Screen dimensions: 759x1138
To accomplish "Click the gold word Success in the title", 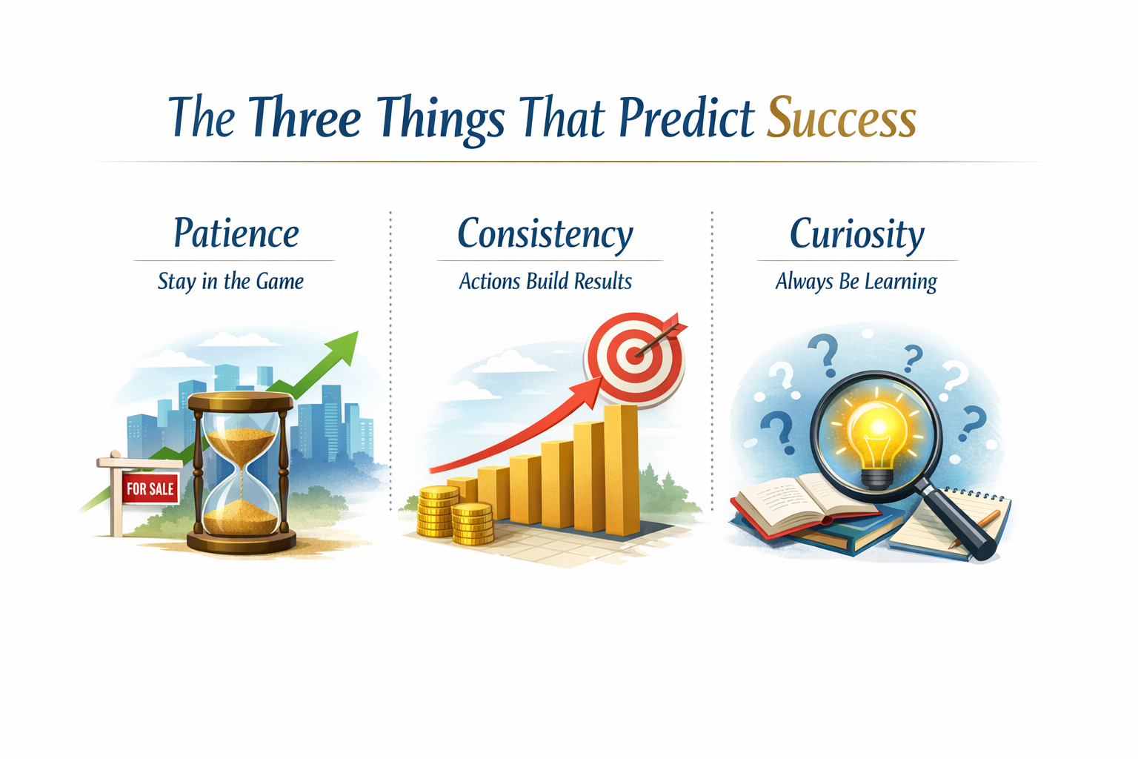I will point(841,119).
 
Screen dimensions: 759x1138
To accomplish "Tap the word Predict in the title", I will point(686,119).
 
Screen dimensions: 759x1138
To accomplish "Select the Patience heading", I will point(236,234).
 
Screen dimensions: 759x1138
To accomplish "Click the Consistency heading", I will point(545,234).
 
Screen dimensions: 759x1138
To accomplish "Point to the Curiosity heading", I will point(856,234).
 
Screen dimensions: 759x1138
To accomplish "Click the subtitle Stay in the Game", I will point(230,282).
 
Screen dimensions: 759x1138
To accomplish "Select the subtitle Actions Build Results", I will point(545,282).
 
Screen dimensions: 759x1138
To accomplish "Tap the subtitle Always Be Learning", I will point(856,282).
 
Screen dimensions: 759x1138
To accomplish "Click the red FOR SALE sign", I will point(150,488).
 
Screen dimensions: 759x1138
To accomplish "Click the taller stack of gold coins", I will point(437,511).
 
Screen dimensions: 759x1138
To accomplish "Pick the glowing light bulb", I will point(876,437).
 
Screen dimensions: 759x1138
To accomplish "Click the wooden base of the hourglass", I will point(241,541).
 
